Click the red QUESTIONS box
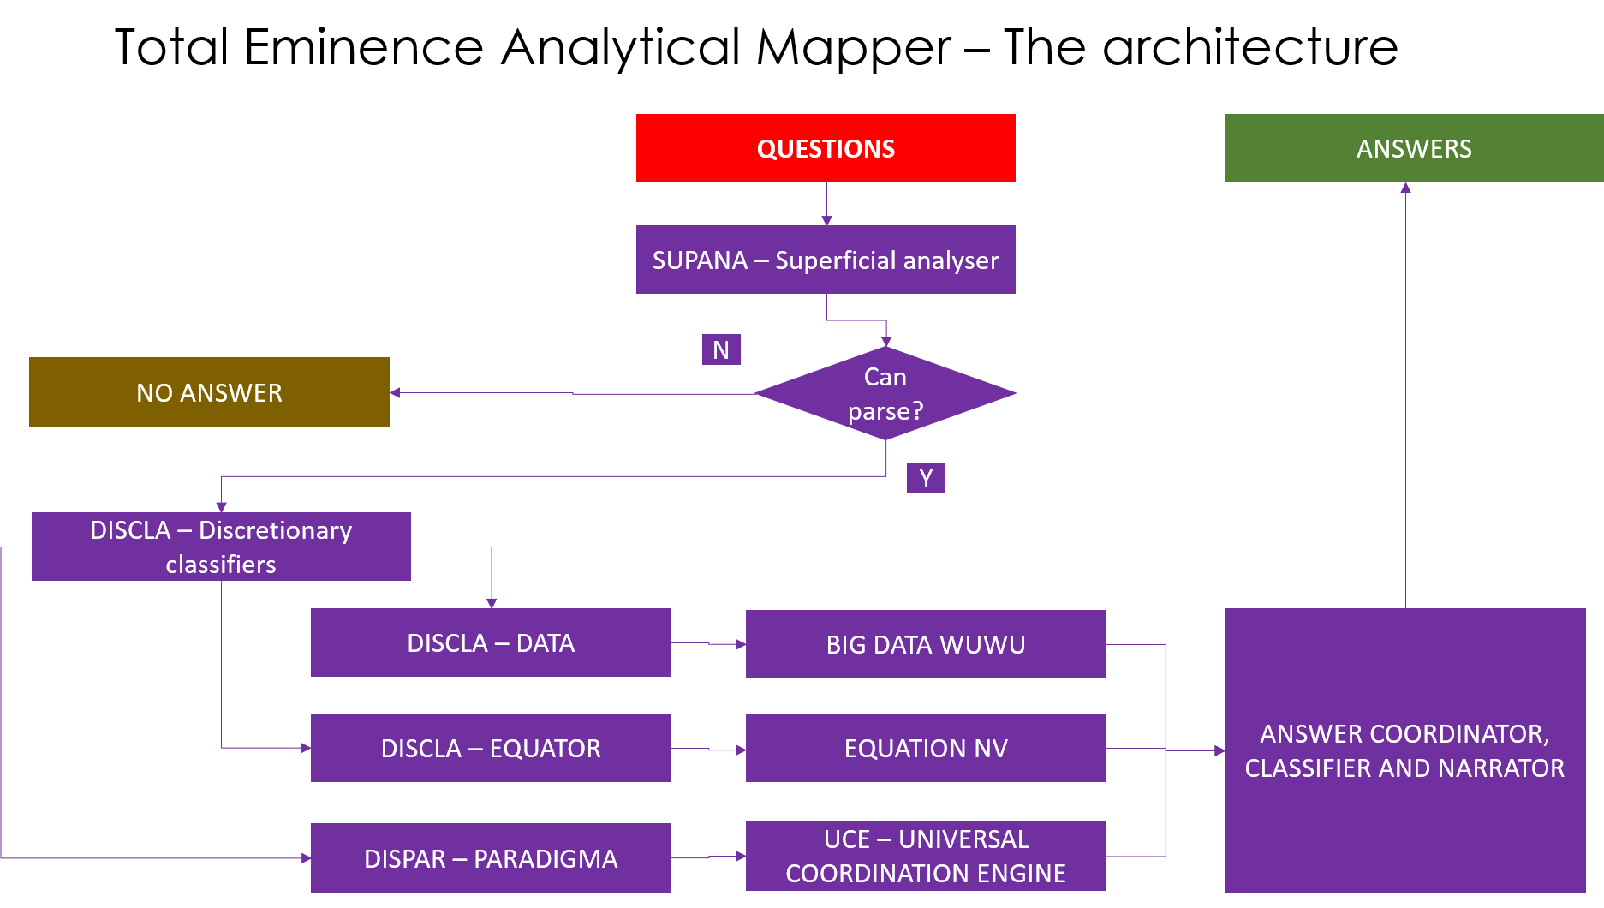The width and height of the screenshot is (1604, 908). click(826, 148)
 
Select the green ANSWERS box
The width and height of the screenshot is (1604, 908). click(1413, 148)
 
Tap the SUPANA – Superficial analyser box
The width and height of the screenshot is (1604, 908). click(826, 260)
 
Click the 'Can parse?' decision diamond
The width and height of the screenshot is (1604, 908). click(885, 393)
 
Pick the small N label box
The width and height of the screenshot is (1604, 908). click(721, 349)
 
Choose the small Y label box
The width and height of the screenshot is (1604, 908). click(926, 478)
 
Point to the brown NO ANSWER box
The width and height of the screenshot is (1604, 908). click(209, 392)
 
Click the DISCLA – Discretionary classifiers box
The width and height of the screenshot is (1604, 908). click(221, 547)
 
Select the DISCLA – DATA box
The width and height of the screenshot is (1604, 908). click(491, 642)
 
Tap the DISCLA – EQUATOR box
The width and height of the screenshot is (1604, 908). click(491, 748)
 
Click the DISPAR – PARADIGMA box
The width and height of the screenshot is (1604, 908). click(491, 858)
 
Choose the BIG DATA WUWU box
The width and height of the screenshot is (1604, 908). click(926, 644)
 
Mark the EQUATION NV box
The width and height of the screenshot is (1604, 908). click(926, 748)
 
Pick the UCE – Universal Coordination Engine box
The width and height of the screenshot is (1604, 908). click(926, 856)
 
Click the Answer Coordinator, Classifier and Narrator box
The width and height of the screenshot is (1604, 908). click(1404, 750)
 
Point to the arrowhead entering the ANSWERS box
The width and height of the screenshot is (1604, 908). click(1405, 188)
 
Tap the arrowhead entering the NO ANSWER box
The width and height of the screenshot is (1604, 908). click(395, 393)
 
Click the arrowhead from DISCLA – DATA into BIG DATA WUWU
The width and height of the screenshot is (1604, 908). click(741, 644)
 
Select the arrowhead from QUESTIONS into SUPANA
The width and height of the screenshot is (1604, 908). click(826, 221)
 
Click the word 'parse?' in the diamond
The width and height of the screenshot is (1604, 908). click(885, 411)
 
